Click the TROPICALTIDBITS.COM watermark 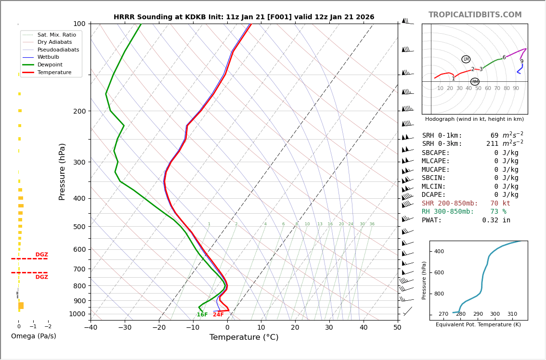[475, 15]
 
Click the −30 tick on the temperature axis [125, 328]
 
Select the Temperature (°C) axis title [244, 337]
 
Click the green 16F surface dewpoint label [202, 315]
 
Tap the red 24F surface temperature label [218, 315]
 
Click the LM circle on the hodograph [466, 59]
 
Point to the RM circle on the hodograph [475, 82]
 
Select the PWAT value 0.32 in [496, 220]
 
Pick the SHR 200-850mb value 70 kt [500, 204]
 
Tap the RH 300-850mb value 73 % [498, 212]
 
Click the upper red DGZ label [41, 255]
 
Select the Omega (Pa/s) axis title [33, 336]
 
